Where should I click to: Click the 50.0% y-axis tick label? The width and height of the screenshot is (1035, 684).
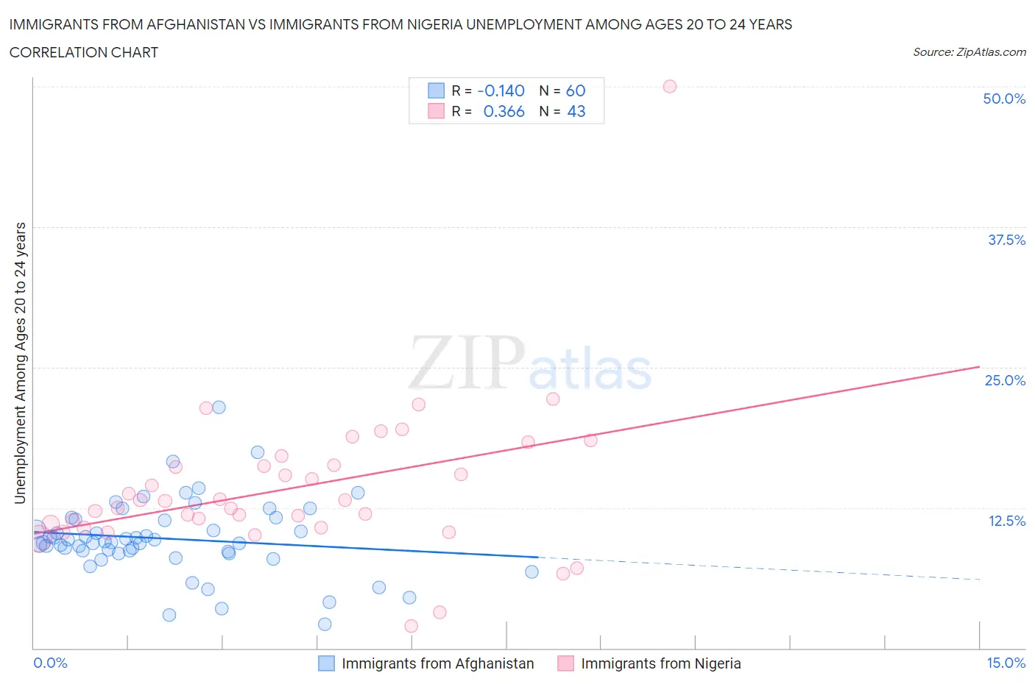coord(1003,99)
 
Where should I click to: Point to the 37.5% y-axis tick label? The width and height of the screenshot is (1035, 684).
coord(1006,240)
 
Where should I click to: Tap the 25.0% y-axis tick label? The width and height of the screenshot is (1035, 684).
coord(1005,380)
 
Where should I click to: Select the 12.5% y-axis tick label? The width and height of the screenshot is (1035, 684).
coord(1006,521)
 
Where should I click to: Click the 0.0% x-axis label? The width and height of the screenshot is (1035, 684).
coord(50,663)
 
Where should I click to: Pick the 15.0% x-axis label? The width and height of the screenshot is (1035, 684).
coord(1006,663)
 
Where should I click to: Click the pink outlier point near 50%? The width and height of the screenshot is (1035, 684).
coord(670,86)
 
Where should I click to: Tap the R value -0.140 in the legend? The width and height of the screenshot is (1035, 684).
coord(501,90)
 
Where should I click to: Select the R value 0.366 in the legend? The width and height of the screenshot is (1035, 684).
coord(504,111)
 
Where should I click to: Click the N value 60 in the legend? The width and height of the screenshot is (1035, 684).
coord(575,90)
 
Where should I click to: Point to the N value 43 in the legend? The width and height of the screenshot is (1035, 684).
coord(576,111)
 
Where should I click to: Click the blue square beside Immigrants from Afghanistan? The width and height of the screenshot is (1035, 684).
coord(326,663)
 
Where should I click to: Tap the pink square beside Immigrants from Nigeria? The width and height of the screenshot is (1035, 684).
coord(565,663)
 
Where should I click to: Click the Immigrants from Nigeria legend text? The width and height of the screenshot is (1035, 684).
coord(660,663)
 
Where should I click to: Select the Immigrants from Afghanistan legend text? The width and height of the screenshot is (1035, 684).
coord(437,663)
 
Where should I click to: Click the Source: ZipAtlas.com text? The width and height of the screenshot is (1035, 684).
coord(969,52)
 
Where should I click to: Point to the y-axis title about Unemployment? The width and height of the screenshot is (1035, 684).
coord(20,363)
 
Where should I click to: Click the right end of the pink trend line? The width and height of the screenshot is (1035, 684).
coord(978,366)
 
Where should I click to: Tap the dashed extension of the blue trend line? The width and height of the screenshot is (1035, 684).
coord(758,569)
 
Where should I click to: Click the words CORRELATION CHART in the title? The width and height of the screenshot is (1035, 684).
coord(84,52)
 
